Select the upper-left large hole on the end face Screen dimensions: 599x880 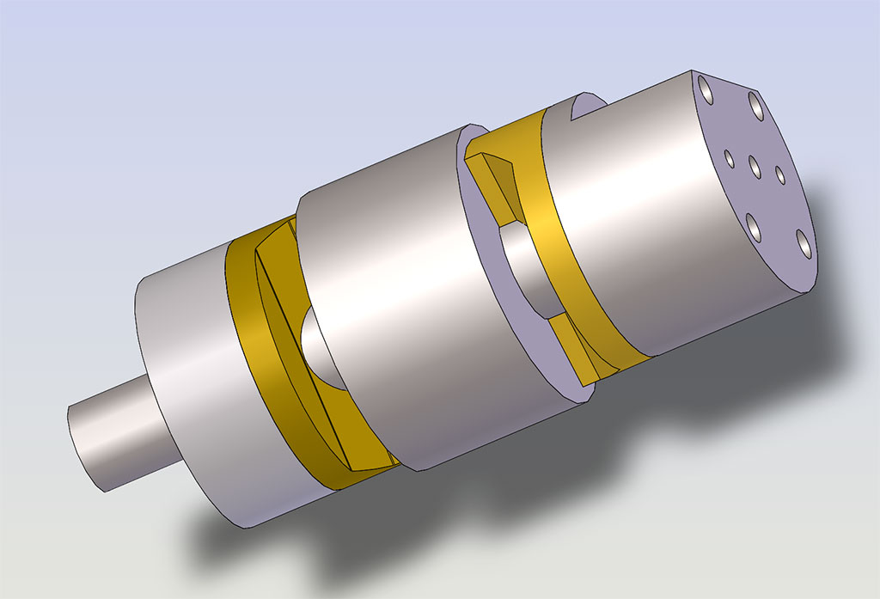point(706,87)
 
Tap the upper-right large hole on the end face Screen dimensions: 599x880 point(756,106)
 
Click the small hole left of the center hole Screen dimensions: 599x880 point(729,158)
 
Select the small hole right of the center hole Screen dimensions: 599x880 point(780,174)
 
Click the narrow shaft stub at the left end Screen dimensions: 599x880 point(107,438)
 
